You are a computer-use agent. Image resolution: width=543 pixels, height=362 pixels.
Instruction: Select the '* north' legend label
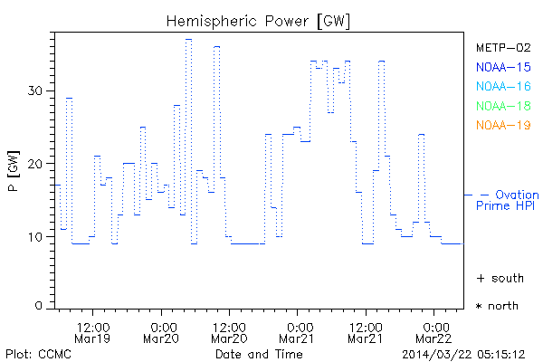click(x=498, y=306)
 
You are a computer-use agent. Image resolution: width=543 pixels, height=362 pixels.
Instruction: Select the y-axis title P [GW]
click(x=13, y=171)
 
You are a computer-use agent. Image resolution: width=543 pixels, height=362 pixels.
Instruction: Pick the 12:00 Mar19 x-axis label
click(x=93, y=331)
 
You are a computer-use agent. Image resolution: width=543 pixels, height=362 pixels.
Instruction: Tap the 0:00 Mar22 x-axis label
click(x=435, y=331)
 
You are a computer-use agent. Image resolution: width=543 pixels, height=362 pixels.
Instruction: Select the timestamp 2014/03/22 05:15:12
click(x=464, y=353)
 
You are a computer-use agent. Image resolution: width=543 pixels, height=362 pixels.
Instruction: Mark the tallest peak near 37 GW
click(x=188, y=39)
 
